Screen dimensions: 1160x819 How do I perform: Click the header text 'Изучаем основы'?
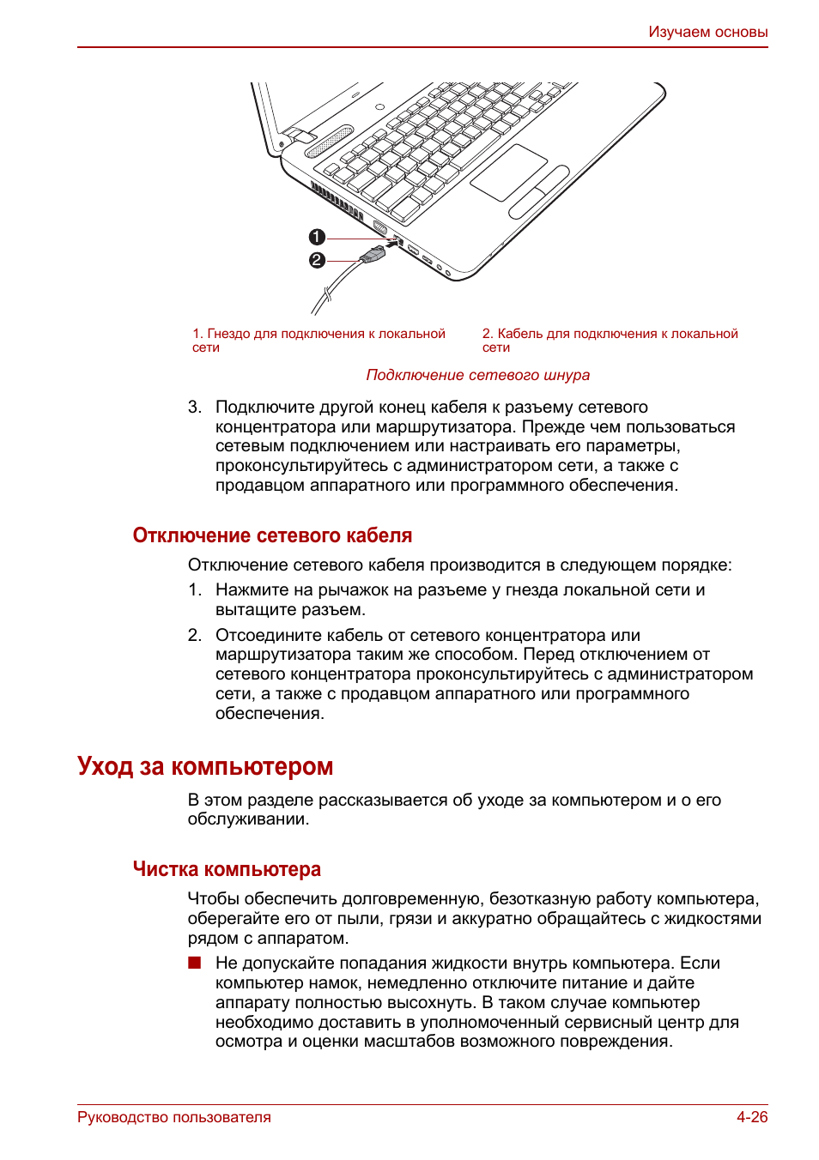coord(707,32)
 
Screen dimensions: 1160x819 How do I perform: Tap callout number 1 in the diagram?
coord(317,237)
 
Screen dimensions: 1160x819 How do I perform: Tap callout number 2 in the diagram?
coord(317,260)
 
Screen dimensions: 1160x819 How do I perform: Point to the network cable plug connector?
coord(374,254)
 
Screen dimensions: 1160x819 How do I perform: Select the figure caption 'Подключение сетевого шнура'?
coord(477,375)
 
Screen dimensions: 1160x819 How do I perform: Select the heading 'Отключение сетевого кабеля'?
coord(272,535)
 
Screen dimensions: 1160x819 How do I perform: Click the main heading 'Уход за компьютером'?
coord(205,765)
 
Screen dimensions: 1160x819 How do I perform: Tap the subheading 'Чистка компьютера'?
coord(227,869)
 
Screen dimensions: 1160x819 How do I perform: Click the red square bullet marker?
coord(195,963)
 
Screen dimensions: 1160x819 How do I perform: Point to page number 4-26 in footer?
coord(751,1117)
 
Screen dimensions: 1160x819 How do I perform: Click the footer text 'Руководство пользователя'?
coord(174,1117)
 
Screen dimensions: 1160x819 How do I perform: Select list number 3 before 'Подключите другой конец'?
coord(194,407)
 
